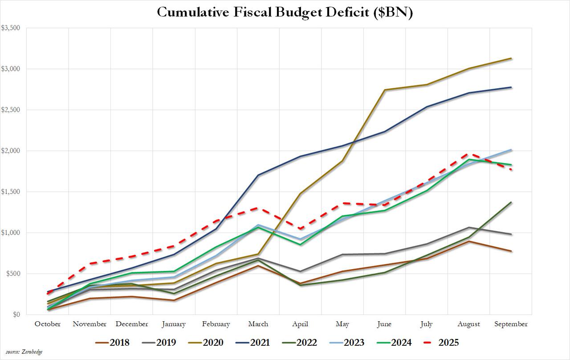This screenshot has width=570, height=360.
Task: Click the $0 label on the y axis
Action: coord(16,315)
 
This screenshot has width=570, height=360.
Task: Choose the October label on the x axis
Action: coord(48,324)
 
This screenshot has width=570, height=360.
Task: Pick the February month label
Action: coord(216,324)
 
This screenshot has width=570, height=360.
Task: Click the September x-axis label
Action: coord(511,324)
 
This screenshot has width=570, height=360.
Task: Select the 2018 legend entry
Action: coord(112,343)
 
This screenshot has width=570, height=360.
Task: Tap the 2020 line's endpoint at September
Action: coord(511,58)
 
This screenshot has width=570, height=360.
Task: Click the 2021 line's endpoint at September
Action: coord(511,87)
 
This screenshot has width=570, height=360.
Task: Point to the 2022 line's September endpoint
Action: coord(511,202)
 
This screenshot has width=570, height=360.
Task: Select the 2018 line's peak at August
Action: coord(469,241)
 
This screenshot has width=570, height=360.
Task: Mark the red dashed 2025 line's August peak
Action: coord(469,154)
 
